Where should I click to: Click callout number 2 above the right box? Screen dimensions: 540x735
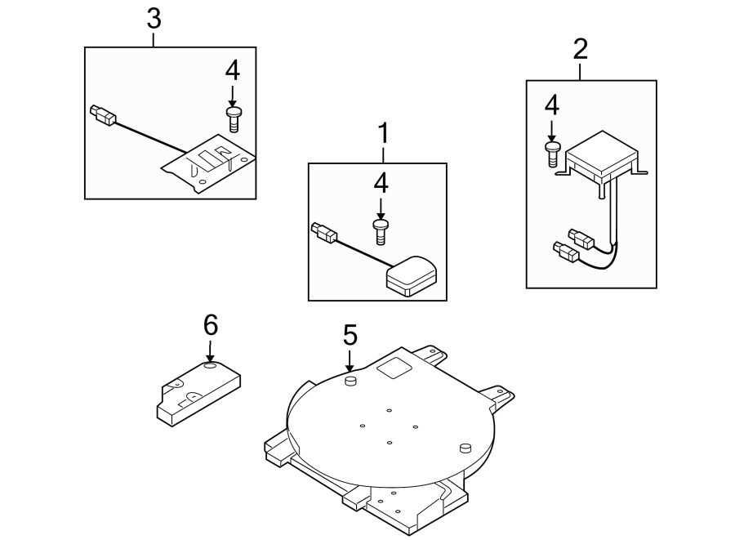(x=581, y=49)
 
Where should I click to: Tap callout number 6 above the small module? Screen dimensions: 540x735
(x=211, y=325)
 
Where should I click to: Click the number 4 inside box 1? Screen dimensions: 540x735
(x=380, y=184)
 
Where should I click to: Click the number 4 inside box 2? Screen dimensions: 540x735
(x=552, y=104)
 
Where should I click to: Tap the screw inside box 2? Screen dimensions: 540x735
(x=552, y=153)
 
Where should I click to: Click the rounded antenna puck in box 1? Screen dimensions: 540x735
(x=413, y=275)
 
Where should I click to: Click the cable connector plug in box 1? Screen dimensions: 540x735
(x=323, y=232)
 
